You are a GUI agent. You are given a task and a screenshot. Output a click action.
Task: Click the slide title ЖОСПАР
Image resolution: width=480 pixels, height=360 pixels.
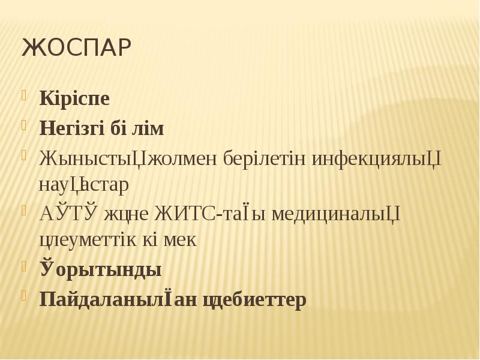[x=76, y=48]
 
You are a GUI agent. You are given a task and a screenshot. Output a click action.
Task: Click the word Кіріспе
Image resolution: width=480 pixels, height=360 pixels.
[x=74, y=98]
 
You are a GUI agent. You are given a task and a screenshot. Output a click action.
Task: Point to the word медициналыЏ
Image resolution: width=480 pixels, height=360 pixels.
[x=336, y=213]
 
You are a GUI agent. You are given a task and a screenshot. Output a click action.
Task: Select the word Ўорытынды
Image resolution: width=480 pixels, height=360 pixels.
[x=100, y=269]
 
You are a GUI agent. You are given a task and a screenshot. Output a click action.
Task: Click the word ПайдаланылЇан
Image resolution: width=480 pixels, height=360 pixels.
[x=110, y=298]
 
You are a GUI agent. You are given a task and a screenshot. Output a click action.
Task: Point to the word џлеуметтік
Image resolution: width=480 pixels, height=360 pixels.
[x=86, y=241]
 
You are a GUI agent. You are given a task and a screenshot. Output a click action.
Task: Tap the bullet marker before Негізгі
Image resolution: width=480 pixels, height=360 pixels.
[x=25, y=125]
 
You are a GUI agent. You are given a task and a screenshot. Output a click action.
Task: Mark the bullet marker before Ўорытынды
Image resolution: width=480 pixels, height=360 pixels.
[x=25, y=266]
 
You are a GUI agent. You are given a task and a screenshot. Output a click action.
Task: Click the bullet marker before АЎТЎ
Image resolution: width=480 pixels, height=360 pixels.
[x=25, y=209]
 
